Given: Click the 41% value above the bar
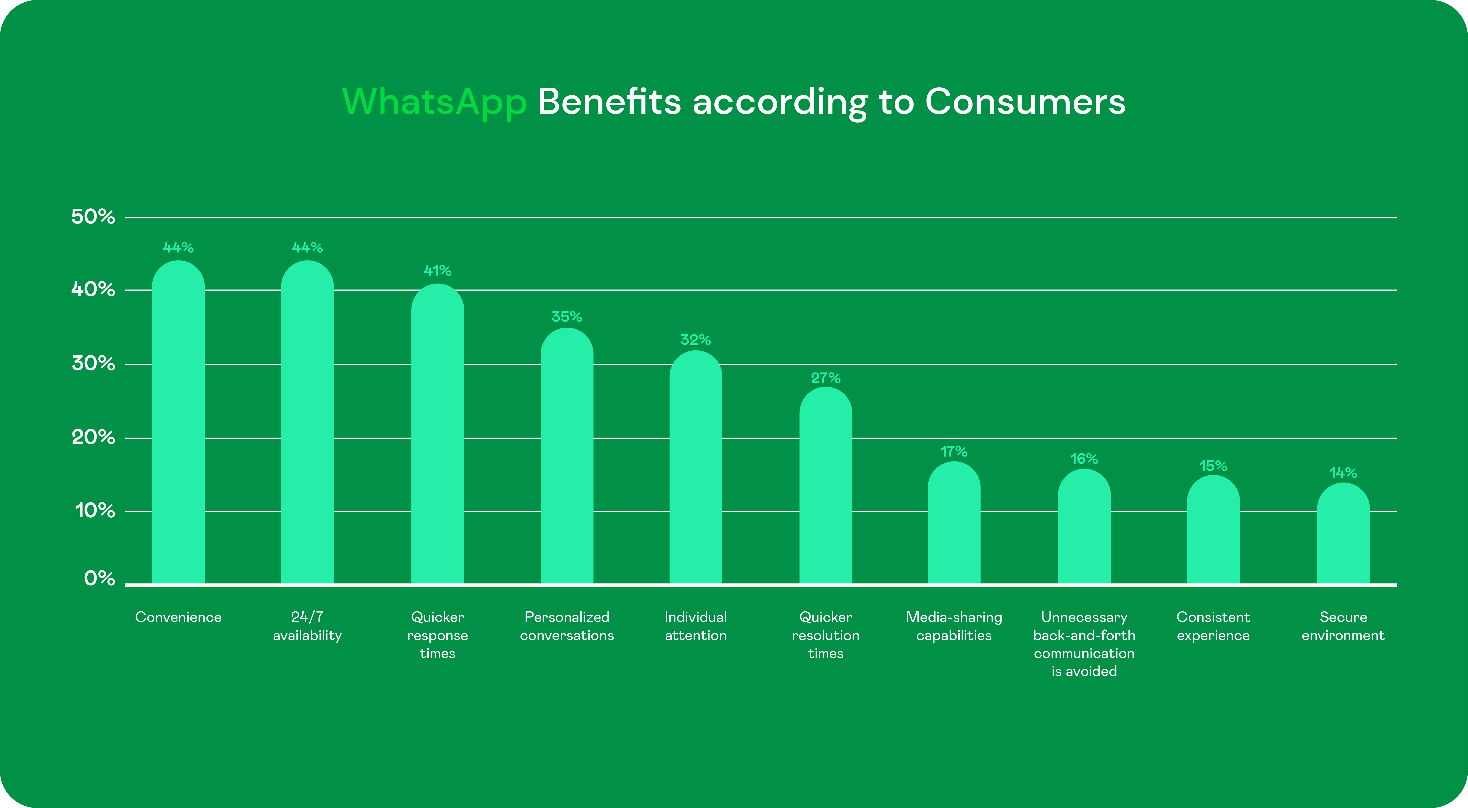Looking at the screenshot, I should click(x=438, y=270).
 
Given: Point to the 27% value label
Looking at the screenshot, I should click(x=826, y=378).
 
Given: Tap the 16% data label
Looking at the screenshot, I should click(x=1084, y=459).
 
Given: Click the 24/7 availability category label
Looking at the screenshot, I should click(x=307, y=626).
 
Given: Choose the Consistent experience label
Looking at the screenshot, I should click(x=1213, y=626).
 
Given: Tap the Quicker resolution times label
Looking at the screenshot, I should click(x=826, y=635).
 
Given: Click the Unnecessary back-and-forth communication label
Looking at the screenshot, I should click(x=1084, y=644).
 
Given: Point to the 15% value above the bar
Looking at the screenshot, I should click(x=1213, y=466).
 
